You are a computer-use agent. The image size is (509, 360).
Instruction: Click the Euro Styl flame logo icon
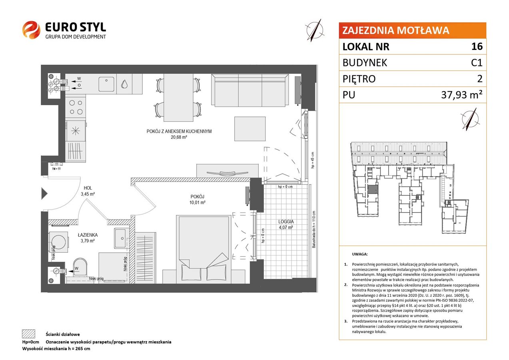[31, 30]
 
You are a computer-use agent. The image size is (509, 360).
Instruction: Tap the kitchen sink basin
[106, 84]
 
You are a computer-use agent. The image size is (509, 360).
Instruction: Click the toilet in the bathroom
[80, 267]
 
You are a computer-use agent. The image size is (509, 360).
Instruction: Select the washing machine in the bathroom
[58, 242]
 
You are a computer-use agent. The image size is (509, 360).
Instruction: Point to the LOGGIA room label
[286, 222]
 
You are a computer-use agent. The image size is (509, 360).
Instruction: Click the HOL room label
[88, 188]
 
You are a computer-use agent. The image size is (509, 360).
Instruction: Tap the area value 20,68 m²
[179, 137]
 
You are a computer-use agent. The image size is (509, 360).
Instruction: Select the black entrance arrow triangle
[44, 194]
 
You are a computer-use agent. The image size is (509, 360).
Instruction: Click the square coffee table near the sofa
[250, 129]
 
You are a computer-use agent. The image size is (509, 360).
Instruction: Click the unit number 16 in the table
[477, 46]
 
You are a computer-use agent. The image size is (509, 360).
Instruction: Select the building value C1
[477, 62]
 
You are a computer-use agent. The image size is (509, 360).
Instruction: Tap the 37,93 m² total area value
[462, 95]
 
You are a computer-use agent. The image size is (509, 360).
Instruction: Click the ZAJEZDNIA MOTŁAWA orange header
[412, 30]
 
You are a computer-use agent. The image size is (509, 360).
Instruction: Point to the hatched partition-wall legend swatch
[29, 334]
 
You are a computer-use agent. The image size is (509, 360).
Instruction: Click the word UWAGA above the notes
[360, 254]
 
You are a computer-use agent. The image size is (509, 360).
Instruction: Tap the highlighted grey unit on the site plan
[373, 189]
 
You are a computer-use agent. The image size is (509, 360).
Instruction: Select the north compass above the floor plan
[315, 30]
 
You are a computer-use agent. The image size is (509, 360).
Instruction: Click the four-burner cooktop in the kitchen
[76, 107]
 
